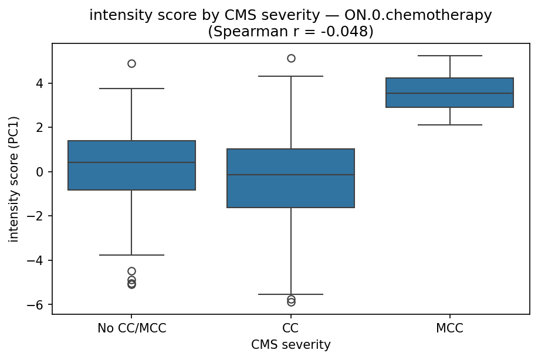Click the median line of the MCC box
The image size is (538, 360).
[x=449, y=93]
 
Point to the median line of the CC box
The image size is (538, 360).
[x=290, y=175]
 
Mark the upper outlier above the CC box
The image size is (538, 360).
[x=291, y=58]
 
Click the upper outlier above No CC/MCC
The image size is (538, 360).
[x=131, y=63]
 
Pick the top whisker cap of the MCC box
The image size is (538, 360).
[x=449, y=56]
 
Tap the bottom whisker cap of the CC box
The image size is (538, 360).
[x=290, y=294]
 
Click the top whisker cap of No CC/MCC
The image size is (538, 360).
[x=131, y=89]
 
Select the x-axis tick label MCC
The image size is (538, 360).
[x=449, y=328]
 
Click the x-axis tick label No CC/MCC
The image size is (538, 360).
[x=131, y=328]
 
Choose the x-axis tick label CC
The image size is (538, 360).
[x=290, y=328]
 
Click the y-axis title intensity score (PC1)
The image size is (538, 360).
[x=13, y=178]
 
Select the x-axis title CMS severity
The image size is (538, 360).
[x=290, y=345]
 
